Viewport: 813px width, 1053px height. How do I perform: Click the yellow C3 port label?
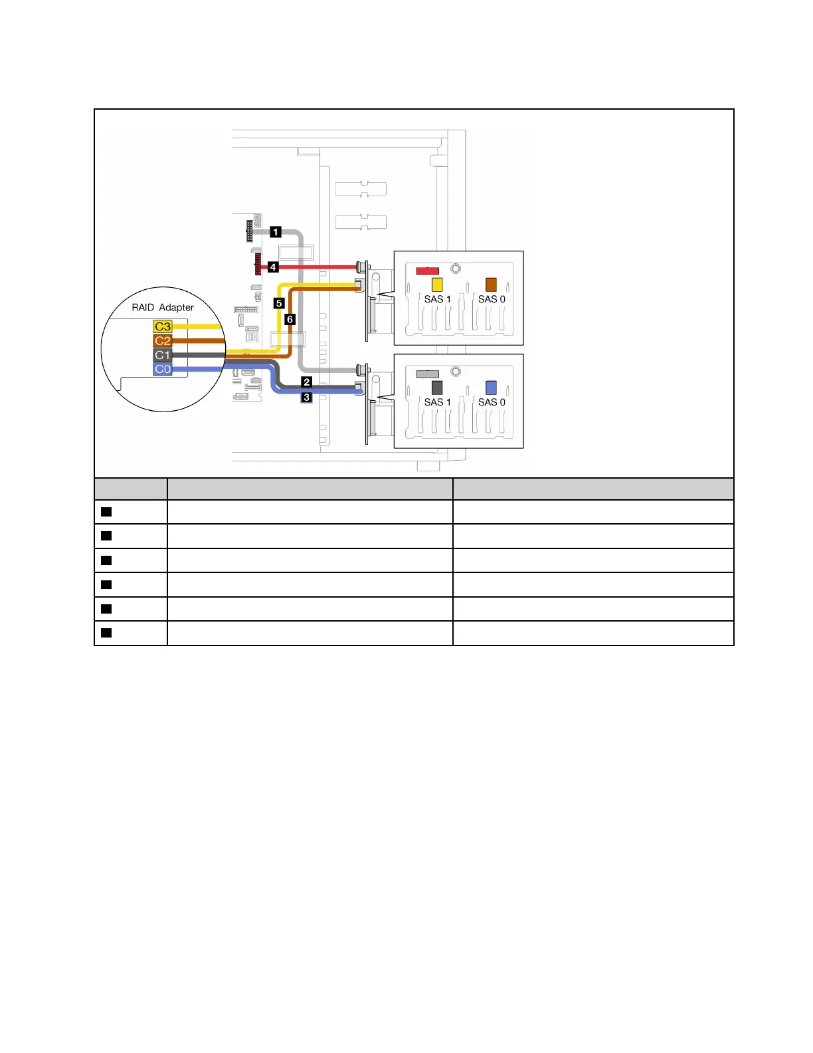pos(163,326)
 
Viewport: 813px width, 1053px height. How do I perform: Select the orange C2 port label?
pos(163,340)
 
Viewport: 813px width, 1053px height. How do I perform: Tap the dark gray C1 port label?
pos(163,355)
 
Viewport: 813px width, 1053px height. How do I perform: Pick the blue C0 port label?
pos(163,369)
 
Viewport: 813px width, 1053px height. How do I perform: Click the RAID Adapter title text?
pos(163,307)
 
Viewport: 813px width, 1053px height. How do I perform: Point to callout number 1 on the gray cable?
pos(276,232)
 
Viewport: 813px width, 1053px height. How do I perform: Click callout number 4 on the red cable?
pos(273,267)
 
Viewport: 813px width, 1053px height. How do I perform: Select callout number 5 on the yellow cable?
pos(279,303)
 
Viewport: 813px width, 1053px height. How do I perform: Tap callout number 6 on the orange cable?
pos(290,319)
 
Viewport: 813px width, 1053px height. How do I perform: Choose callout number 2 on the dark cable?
pos(306,382)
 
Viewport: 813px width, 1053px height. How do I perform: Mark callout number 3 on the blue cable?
pos(306,397)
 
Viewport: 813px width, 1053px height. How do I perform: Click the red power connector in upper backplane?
pos(427,271)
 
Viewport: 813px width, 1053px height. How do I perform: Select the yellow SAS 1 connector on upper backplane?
pos(437,285)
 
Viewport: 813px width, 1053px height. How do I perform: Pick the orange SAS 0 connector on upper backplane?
pos(491,285)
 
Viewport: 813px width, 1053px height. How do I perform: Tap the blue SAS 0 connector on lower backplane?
pos(491,388)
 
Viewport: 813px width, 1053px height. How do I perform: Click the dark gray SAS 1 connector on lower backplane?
pos(437,388)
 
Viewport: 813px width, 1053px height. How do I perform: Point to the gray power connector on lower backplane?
pos(427,374)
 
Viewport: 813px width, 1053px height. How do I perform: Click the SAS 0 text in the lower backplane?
pos(492,402)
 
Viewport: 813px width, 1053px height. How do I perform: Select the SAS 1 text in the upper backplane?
pos(437,299)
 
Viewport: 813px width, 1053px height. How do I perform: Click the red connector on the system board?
pos(258,264)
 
